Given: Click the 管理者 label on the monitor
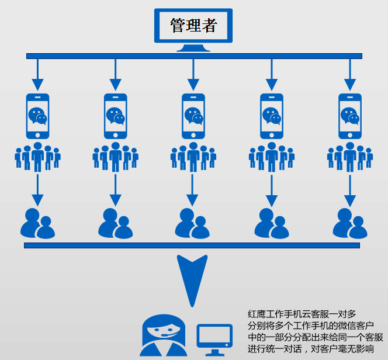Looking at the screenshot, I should pyautogui.click(x=193, y=25).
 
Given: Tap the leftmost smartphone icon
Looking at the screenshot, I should pyautogui.click(x=38, y=116).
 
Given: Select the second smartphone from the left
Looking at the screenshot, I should pyautogui.click(x=116, y=116).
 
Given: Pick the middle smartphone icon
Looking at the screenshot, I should pyautogui.click(x=193, y=116).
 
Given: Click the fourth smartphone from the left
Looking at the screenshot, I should pyautogui.click(x=272, y=116).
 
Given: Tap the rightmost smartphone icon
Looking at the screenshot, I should pyautogui.click(x=350, y=116).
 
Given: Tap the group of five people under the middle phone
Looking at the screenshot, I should pyautogui.click(x=193, y=156).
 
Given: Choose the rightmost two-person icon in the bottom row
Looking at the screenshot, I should pyautogui.click(x=350, y=223).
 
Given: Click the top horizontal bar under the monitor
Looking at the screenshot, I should pyautogui.click(x=194, y=56).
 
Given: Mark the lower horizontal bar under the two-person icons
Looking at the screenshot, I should pyautogui.click(x=192, y=245).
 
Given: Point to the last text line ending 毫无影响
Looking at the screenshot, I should pyautogui.click(x=310, y=349).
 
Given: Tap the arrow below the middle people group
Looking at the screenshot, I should pyautogui.click(x=193, y=189).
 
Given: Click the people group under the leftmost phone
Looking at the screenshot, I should pyautogui.click(x=38, y=156).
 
